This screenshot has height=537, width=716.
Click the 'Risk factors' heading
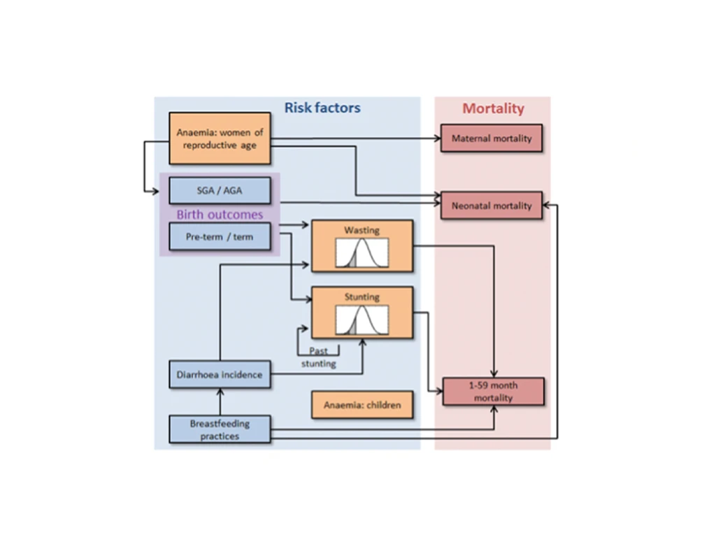click(322, 108)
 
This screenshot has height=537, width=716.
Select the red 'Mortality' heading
click(493, 108)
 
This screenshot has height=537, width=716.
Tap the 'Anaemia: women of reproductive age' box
click(220, 138)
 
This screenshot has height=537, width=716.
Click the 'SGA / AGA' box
click(220, 191)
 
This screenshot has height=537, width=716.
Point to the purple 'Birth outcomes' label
click(220, 215)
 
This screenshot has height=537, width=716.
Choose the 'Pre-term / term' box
click(220, 237)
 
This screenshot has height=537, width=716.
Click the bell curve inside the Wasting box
click(361, 253)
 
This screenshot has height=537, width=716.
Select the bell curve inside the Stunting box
click(361, 321)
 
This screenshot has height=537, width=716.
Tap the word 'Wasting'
click(361, 230)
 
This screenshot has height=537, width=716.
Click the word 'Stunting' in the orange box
click(361, 297)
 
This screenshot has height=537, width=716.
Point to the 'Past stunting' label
click(318, 357)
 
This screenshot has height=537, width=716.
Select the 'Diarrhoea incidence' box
click(220, 375)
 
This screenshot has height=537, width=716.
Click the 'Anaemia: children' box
click(361, 405)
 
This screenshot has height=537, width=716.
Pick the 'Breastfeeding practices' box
click(220, 429)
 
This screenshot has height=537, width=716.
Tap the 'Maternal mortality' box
click(492, 138)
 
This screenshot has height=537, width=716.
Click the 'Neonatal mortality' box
click(492, 206)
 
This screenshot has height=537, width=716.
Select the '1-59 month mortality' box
click(494, 392)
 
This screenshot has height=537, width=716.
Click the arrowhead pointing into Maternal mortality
click(436, 138)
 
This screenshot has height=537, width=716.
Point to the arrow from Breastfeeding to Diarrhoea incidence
click(220, 401)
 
